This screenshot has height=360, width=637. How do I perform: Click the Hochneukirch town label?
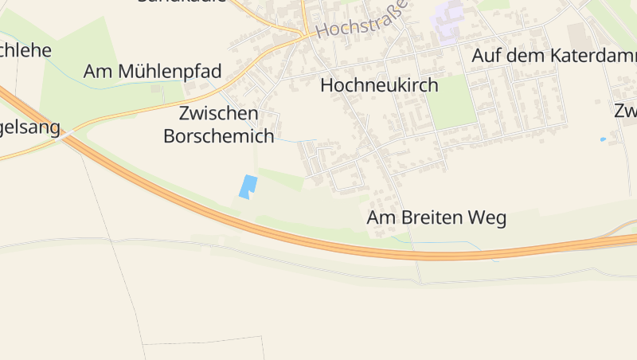[379, 85]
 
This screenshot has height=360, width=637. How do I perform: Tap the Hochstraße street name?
[362, 21]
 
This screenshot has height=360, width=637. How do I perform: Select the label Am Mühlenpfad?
[152, 71]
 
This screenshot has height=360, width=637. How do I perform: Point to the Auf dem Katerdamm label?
[554, 56]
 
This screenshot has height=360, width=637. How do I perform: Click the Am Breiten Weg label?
[436, 217]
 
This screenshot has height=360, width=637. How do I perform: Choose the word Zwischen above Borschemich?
[218, 113]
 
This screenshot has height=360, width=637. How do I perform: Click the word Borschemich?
[218, 136]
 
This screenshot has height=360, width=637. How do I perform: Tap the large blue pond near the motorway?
[248, 186]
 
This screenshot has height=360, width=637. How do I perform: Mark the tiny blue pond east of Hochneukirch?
[603, 139]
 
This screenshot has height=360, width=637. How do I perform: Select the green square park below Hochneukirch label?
[451, 102]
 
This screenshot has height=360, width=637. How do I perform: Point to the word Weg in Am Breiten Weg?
[488, 217]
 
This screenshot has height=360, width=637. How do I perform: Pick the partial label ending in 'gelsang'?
[30, 127]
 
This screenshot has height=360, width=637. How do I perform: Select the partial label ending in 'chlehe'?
[25, 50]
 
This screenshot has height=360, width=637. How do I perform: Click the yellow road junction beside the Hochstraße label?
[305, 34]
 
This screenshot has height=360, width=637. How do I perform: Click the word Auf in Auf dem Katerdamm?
[486, 56]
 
